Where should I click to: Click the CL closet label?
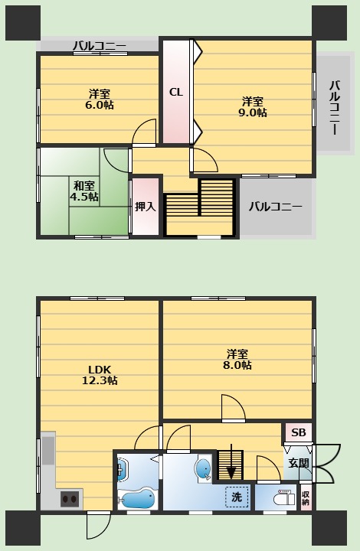coord(176,92)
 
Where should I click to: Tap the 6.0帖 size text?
coord(100,105)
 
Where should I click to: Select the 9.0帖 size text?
coord(253,112)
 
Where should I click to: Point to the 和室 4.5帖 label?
coord(84,191)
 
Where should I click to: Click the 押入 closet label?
coord(146,207)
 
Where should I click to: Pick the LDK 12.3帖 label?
coord(100,375)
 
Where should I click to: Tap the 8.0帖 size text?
coord(237,365)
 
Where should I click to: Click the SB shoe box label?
coord(299,432)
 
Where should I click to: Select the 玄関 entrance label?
coord(299,463)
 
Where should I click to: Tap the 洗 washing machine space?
coord(237,497)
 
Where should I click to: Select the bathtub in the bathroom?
coord(136,498)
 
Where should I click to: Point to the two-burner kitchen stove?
coord(69,499)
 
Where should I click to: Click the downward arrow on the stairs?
coord(231,461)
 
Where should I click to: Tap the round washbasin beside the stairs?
coord(203,468)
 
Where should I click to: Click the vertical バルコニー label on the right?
coord(335,108)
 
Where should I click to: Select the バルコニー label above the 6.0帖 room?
coord(100,46)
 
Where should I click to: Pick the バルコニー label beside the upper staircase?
coord(275,207)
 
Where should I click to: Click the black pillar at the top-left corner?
coord(23,23)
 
